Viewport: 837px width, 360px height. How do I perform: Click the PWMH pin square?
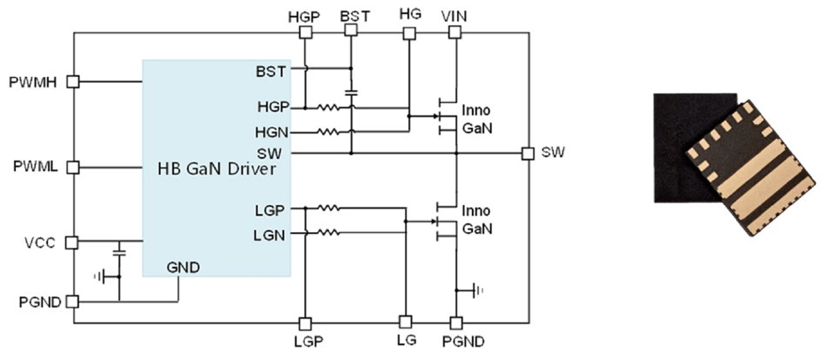click(x=73, y=82)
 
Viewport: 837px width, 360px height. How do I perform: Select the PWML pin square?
click(x=73, y=168)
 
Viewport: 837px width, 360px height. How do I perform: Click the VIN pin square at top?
click(x=455, y=33)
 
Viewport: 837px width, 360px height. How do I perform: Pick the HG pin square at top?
click(x=409, y=33)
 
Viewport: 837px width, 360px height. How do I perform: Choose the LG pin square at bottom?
click(x=404, y=322)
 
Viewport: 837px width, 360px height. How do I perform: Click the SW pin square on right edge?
click(x=528, y=153)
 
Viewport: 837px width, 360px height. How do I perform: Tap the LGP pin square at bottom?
click(x=305, y=323)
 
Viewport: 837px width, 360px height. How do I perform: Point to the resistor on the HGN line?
click(x=328, y=132)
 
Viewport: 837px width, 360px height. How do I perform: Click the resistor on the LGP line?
click(x=328, y=207)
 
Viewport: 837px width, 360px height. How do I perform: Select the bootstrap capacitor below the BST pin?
click(x=351, y=93)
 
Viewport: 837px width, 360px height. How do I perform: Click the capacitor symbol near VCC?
click(x=119, y=253)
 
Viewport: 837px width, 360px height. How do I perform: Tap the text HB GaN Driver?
click(x=216, y=169)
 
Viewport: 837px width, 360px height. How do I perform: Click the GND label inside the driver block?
click(x=183, y=268)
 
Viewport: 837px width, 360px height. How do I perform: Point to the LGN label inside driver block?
click(x=270, y=236)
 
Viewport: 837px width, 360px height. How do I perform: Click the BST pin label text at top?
click(x=355, y=16)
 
